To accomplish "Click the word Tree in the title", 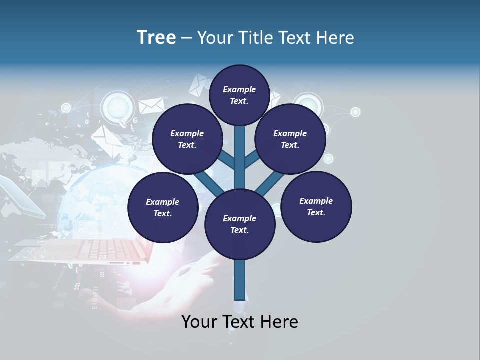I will pyautogui.click(x=156, y=38).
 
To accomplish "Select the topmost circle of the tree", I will pyautogui.click(x=239, y=95).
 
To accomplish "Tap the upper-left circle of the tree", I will pyautogui.click(x=187, y=139).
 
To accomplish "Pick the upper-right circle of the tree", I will pyautogui.click(x=290, y=139).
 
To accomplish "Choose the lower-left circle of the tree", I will pyautogui.click(x=163, y=207).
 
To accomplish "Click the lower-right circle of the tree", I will pyautogui.click(x=316, y=206).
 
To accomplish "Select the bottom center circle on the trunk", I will pyautogui.click(x=240, y=224).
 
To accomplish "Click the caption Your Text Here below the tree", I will pyautogui.click(x=240, y=322).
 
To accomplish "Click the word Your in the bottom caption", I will pyautogui.click(x=198, y=322).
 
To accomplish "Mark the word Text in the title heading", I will pyautogui.click(x=295, y=38).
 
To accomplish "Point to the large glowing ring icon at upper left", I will pyautogui.click(x=118, y=107).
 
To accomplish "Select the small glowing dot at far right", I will pyautogui.click(x=355, y=112).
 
